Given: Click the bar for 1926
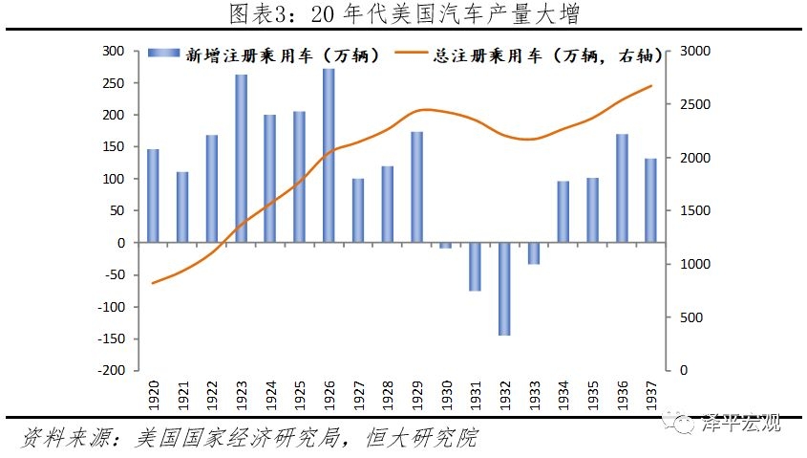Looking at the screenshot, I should (x=329, y=156).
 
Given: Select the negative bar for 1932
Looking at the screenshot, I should (x=504, y=289).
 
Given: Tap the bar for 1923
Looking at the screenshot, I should (x=241, y=159).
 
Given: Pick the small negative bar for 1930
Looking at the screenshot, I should (x=446, y=246).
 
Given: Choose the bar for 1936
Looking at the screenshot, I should (x=622, y=188).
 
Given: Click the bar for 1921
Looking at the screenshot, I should (x=182, y=207).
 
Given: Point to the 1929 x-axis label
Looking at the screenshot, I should (x=416, y=395).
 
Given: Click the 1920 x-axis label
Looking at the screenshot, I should (x=153, y=395).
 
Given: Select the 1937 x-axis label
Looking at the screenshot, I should (x=650, y=395).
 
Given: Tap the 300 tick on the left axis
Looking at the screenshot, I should (x=114, y=51).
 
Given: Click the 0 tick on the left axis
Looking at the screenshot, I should (x=121, y=243).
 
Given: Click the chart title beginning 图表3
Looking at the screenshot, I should (x=403, y=14).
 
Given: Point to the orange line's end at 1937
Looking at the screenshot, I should (x=651, y=86).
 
